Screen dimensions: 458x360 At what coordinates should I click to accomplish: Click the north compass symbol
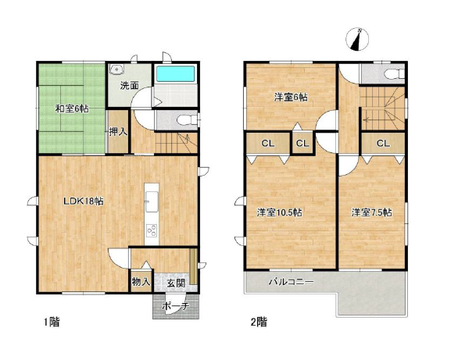[357, 39]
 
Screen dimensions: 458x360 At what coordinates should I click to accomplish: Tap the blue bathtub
[176, 74]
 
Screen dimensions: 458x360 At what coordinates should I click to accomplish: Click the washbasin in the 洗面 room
[116, 70]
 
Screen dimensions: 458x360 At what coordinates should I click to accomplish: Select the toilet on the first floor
[187, 119]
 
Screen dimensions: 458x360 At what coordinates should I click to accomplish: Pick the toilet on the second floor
[395, 74]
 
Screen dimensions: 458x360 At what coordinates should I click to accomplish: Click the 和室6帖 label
[72, 109]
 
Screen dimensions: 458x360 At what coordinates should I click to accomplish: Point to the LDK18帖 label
[84, 201]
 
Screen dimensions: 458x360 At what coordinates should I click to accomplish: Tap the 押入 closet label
[118, 132]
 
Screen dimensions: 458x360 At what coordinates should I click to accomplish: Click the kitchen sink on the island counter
[152, 201]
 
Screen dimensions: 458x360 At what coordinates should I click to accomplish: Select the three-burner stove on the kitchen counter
[152, 230]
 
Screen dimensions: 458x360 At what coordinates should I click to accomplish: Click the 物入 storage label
[141, 282]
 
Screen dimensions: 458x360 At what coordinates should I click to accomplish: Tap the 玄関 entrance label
[176, 283]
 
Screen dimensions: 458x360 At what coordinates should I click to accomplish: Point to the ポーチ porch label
[176, 306]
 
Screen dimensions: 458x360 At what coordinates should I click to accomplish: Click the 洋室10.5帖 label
[279, 212]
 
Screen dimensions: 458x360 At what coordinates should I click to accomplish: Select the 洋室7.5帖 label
[371, 212]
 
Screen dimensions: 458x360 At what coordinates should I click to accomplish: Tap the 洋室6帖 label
[291, 97]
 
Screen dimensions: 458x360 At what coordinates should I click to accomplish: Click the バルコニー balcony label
[291, 282]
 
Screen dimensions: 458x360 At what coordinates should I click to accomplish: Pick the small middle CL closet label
[302, 143]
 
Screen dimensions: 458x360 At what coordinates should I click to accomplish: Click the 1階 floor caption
[52, 322]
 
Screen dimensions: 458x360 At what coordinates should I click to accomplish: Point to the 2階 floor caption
[259, 322]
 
